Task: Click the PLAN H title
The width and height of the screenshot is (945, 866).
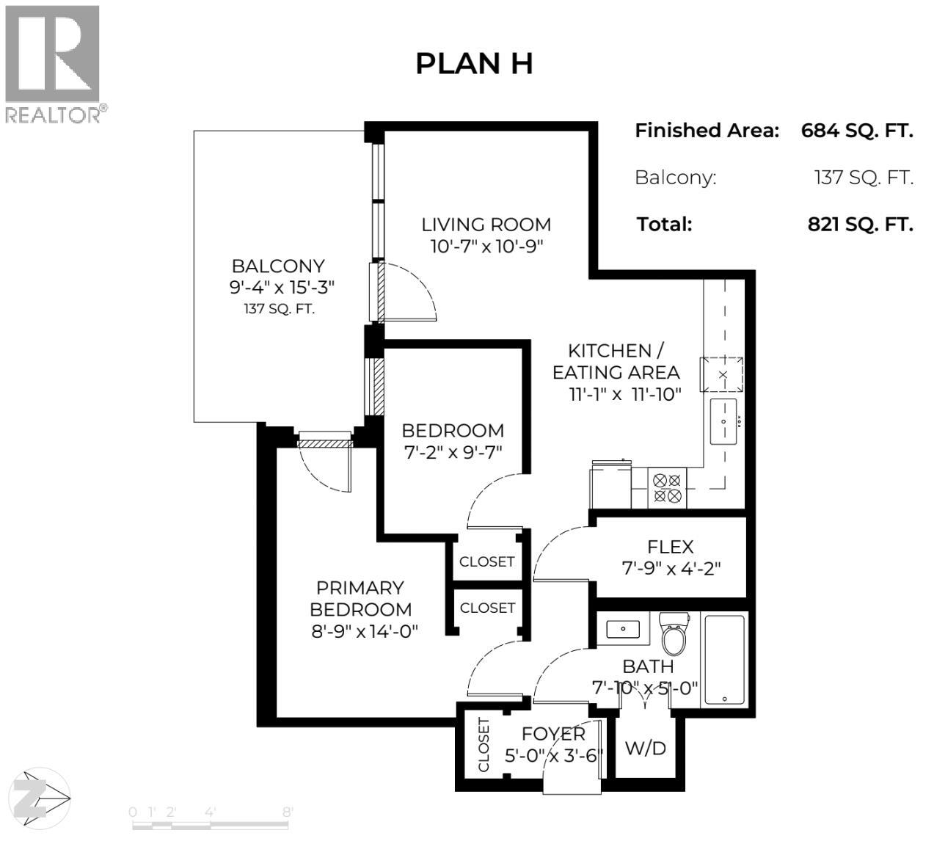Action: click(x=473, y=64)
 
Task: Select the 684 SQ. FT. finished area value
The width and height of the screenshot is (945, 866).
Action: click(x=856, y=131)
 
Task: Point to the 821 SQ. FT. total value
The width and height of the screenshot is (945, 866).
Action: click(x=860, y=224)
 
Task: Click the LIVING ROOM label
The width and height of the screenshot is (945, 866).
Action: click(x=486, y=225)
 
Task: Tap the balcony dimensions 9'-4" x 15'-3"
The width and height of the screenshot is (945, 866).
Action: click(x=282, y=288)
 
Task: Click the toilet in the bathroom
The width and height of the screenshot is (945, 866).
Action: click(x=673, y=635)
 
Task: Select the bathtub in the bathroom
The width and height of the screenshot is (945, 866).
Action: click(x=724, y=660)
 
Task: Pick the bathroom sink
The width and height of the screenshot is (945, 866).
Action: click(x=623, y=629)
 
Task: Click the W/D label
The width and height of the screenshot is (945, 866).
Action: click(x=646, y=748)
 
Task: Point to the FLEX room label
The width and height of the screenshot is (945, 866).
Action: click(x=670, y=547)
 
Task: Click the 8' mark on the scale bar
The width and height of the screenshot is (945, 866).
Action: click(x=287, y=812)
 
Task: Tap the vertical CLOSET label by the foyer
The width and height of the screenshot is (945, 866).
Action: click(x=484, y=745)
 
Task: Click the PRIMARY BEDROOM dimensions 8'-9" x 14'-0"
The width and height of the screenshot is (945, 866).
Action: click(x=365, y=631)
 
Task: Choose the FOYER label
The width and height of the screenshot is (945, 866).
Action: click(x=553, y=734)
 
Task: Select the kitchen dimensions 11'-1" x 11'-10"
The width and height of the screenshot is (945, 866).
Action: click(x=625, y=394)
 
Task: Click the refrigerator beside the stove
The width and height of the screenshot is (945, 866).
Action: click(x=610, y=484)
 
